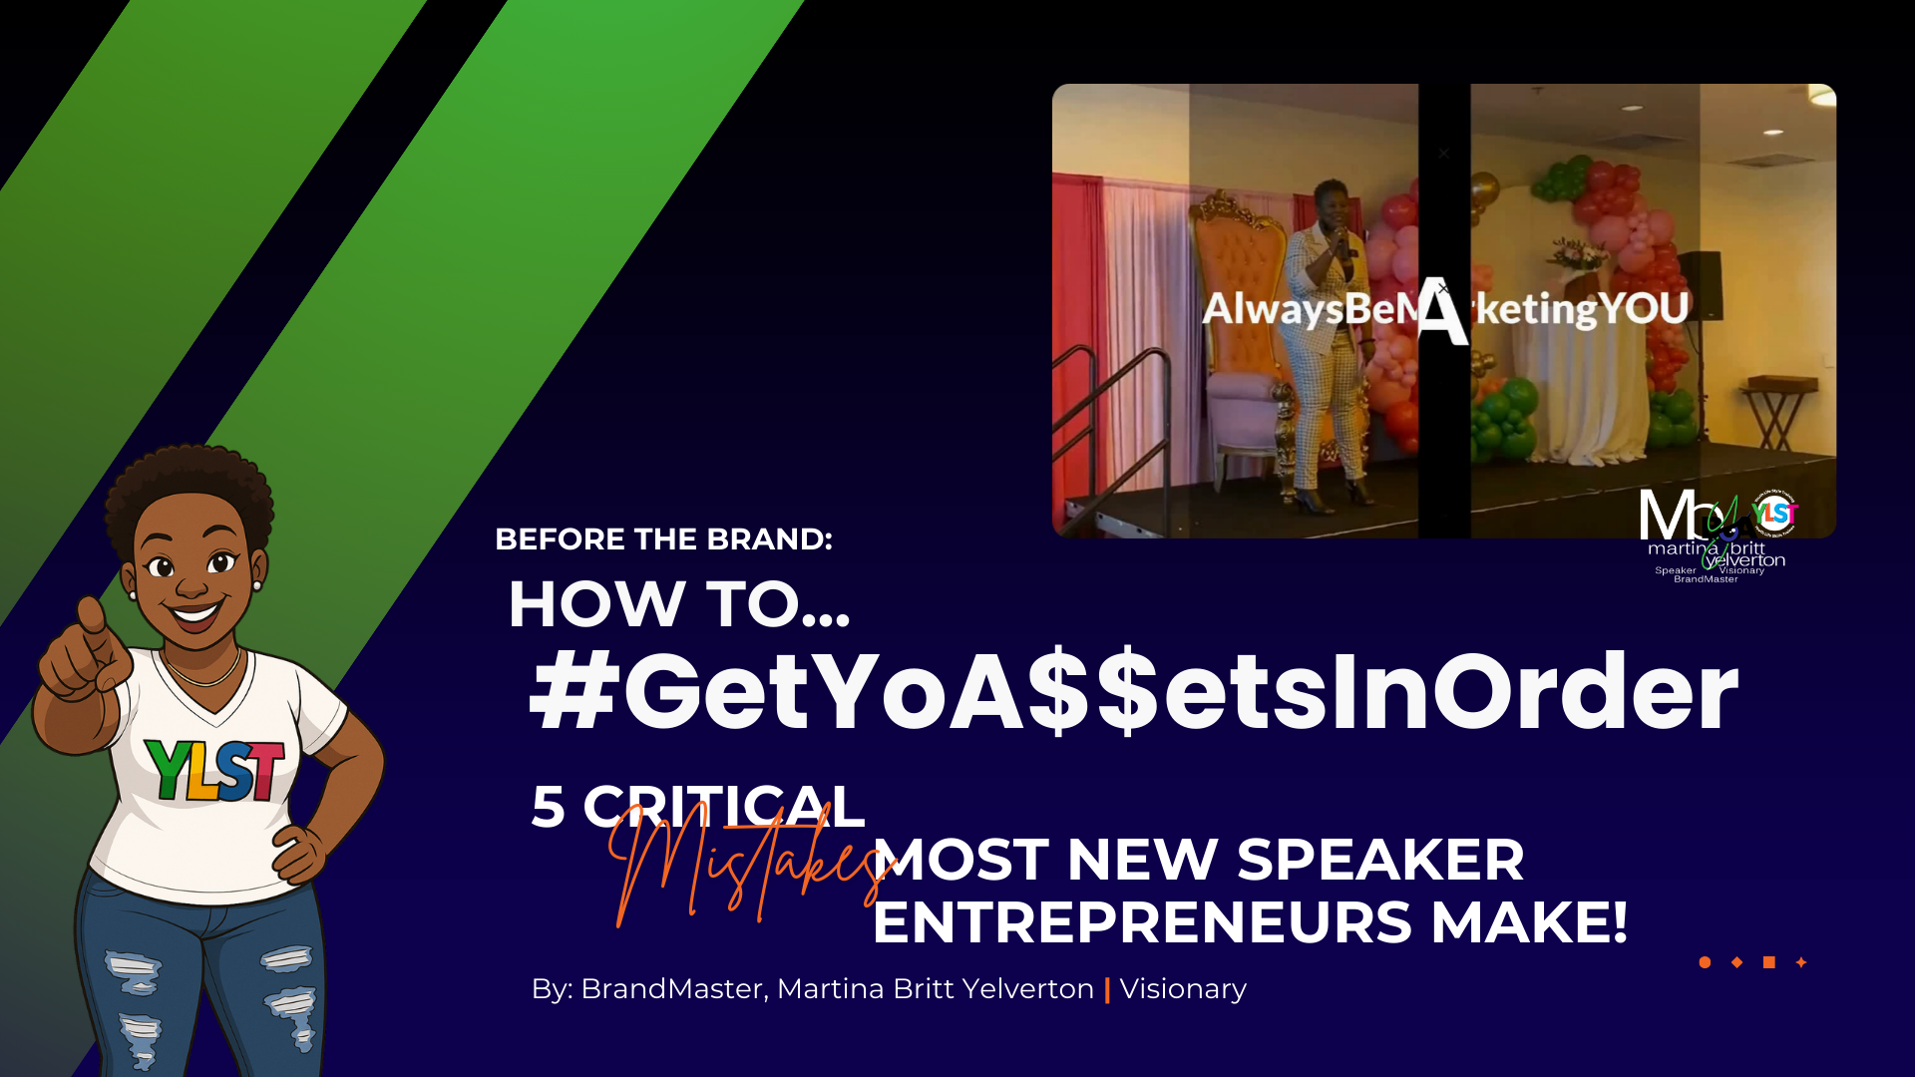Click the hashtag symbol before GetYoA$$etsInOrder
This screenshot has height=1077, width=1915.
572,691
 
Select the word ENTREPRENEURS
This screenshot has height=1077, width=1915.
1142,921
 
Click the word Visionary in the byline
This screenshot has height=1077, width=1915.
1183,988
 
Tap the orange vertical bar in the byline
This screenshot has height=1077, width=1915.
1107,989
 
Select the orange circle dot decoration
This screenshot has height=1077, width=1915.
1705,962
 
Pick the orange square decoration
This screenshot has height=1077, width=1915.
1768,962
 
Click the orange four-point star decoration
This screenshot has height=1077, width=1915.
1801,962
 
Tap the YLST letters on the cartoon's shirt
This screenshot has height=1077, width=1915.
213,769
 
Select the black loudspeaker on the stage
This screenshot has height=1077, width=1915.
1700,285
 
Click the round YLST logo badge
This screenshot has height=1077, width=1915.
1774,514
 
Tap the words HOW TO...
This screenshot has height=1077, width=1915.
678,604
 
